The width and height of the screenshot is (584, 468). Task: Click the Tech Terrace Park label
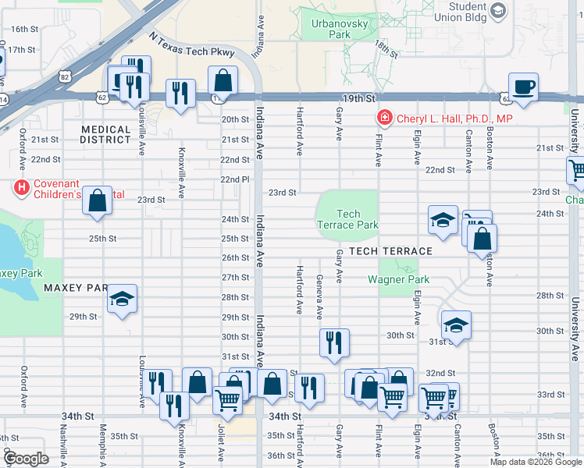(x=348, y=219)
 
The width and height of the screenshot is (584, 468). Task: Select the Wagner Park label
(x=398, y=279)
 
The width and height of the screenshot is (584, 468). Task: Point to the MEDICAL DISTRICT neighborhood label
(x=105, y=135)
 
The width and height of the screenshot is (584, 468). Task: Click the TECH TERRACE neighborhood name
(x=390, y=251)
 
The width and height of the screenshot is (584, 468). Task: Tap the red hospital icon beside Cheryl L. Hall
(x=384, y=119)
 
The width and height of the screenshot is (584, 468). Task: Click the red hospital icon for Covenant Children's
(x=21, y=188)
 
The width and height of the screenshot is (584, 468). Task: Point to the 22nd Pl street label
(x=234, y=179)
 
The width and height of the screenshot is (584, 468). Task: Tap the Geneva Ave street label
(x=319, y=296)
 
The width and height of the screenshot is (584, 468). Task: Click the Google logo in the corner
(x=26, y=459)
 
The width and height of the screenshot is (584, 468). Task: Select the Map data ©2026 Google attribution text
(x=536, y=462)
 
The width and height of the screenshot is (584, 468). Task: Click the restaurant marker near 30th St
(x=334, y=342)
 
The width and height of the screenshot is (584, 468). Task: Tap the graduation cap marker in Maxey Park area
(x=121, y=299)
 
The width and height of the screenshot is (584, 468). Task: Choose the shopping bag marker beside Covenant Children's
(x=97, y=201)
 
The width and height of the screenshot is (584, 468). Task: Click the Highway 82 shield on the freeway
(x=64, y=76)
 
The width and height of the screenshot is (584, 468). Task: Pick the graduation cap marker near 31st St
(x=456, y=324)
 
